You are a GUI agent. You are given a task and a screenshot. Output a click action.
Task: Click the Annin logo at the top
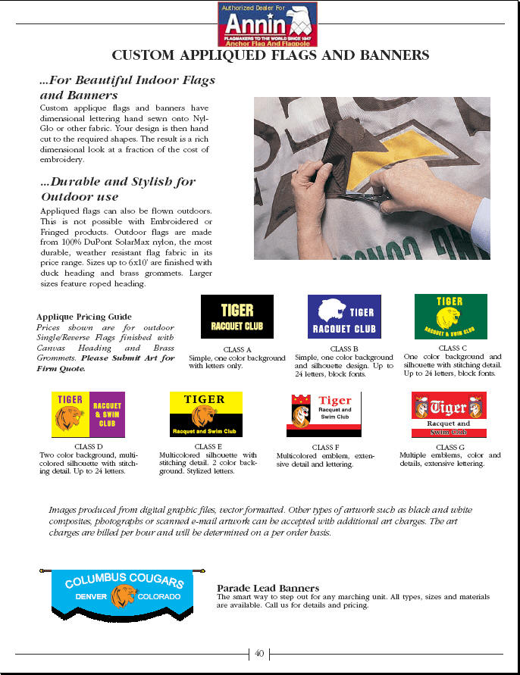(268, 23)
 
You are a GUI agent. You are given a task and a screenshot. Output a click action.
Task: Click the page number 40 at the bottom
(259, 653)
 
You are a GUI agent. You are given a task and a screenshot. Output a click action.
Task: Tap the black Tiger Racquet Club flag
(237, 316)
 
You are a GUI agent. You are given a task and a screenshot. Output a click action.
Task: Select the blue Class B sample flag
(344, 317)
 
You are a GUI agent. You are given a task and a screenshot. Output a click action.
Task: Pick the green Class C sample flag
(450, 317)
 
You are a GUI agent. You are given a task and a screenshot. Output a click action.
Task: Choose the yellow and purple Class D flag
(88, 414)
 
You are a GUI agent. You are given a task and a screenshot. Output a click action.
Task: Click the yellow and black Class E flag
(205, 414)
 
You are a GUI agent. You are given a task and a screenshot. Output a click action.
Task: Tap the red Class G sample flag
(448, 414)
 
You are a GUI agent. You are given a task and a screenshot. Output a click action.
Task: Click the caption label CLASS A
(237, 349)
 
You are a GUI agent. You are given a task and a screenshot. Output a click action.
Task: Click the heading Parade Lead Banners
(268, 588)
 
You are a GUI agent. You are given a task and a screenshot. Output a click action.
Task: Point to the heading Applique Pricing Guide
(83, 317)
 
